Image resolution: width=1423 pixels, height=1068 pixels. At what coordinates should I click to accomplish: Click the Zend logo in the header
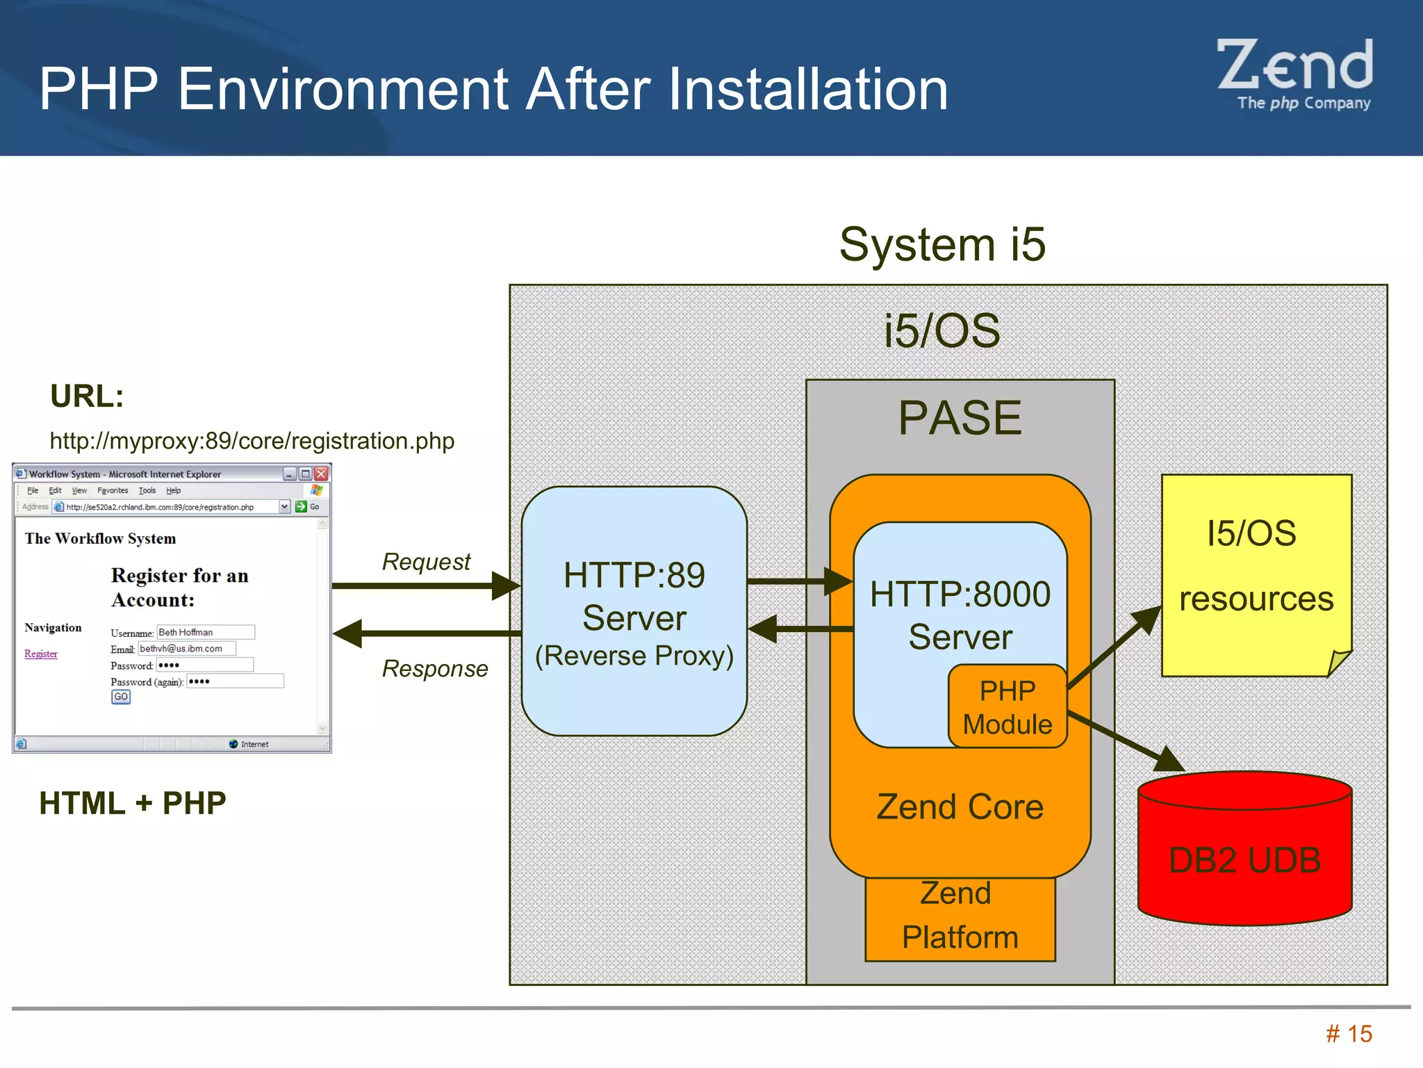tap(1295, 73)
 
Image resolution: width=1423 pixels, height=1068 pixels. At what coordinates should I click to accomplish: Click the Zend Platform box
tap(960, 918)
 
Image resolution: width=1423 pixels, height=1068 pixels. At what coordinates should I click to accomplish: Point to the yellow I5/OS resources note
tap(1256, 574)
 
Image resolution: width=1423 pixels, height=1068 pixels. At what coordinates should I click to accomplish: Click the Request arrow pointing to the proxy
tap(425, 585)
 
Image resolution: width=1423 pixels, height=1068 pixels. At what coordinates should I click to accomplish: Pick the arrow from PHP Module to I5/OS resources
tap(1114, 647)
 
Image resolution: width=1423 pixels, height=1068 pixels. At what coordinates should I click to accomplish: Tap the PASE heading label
tap(960, 419)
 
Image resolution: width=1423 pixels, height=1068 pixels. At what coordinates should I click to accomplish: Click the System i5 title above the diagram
tap(942, 245)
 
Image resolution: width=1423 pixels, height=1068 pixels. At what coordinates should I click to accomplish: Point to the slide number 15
tap(1349, 1034)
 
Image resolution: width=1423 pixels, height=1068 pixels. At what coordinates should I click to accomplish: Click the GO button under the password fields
tap(121, 697)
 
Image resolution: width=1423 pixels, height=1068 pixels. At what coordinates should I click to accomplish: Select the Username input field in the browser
tap(206, 632)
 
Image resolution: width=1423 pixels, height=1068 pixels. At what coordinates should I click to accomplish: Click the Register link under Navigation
tap(41, 654)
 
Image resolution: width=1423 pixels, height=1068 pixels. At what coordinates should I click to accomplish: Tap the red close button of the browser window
tap(321, 474)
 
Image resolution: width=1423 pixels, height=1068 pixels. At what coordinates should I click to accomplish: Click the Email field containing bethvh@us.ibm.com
tap(187, 649)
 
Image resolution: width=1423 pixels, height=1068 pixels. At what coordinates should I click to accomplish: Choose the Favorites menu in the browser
tap(113, 491)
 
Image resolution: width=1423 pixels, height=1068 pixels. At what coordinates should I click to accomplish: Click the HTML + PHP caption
tap(133, 803)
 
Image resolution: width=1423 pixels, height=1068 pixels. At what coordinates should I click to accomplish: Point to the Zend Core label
tap(960, 807)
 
